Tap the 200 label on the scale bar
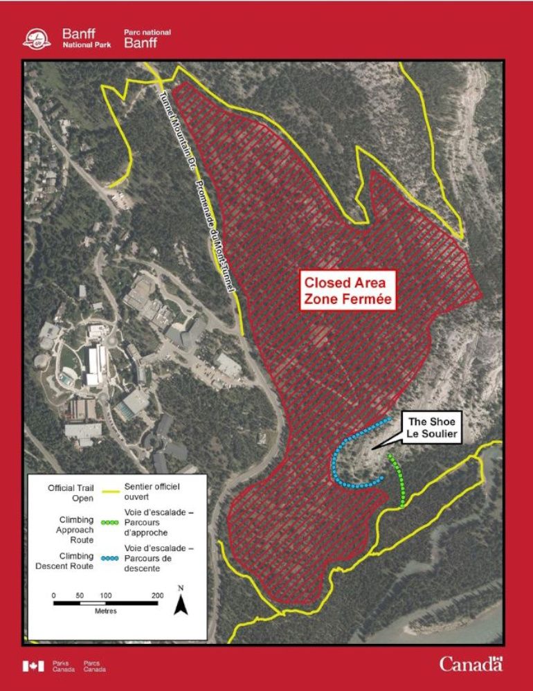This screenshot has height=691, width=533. click(157, 595)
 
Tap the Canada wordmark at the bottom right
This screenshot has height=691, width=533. click(471, 664)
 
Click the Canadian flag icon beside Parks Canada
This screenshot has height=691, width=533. click(33, 666)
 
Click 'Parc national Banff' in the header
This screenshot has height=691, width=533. click(147, 38)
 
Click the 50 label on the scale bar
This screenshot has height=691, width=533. click(80, 595)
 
